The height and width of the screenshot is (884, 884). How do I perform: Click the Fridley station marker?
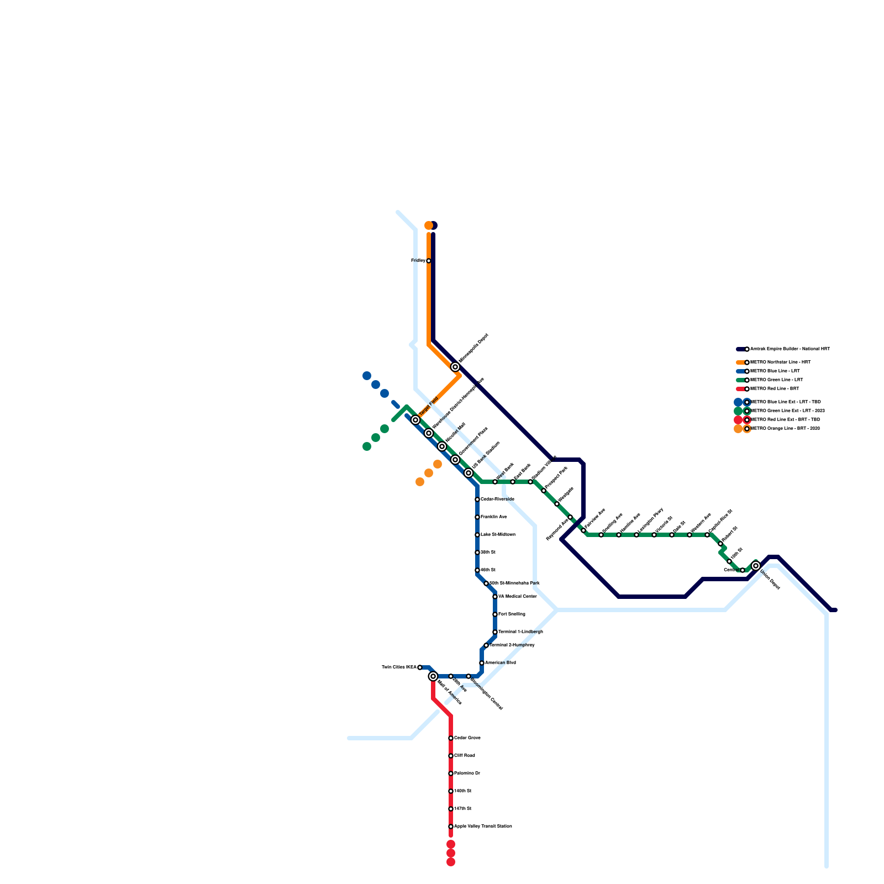[429, 261]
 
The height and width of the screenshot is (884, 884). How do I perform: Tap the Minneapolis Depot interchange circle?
[455, 367]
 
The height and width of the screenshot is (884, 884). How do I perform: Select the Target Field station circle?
[415, 420]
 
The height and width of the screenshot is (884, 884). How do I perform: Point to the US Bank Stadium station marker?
[469, 473]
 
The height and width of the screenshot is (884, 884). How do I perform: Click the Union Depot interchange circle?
[756, 566]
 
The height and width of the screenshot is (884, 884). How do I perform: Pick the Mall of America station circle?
[433, 676]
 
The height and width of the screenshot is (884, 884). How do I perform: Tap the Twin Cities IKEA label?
[399, 667]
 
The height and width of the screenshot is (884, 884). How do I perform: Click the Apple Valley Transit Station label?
[483, 827]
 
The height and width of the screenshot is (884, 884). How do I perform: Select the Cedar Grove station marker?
[451, 738]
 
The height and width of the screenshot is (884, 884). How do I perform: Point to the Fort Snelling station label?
[512, 614]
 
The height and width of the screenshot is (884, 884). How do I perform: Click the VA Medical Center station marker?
[495, 597]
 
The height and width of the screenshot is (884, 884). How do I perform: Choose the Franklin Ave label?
[493, 517]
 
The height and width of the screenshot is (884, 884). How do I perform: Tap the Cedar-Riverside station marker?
[477, 499]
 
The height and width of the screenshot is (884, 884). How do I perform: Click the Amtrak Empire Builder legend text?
[790, 349]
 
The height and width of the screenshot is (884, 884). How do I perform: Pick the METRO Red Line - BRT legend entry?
[774, 389]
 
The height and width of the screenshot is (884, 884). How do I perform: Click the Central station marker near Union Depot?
[743, 570]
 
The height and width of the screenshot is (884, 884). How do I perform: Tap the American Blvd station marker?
[482, 663]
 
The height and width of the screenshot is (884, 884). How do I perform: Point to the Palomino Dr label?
[467, 773]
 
